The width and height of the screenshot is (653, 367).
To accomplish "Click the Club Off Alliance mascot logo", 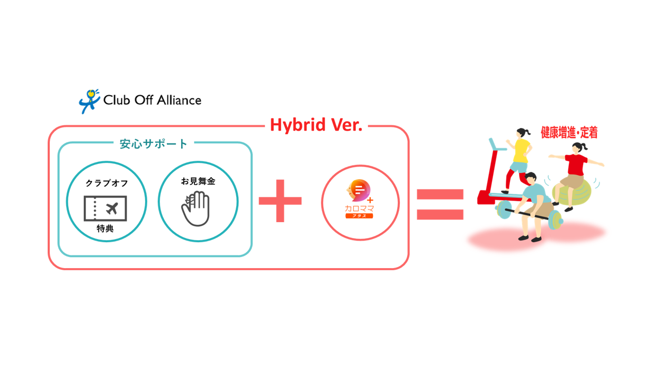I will click(89, 101).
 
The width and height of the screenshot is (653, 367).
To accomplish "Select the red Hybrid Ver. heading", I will click(316, 125).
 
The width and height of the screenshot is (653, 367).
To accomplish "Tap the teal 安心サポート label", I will click(154, 144).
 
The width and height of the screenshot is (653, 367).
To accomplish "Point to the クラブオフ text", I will click(106, 183).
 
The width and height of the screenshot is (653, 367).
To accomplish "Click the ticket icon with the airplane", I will click(105, 208).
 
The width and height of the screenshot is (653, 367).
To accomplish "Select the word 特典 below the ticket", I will click(105, 229).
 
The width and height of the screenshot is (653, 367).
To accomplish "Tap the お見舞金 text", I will click(198, 181).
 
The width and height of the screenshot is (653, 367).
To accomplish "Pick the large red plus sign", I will click(280, 201).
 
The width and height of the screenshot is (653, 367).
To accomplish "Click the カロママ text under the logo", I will click(359, 208).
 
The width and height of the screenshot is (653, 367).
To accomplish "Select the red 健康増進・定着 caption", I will click(569, 133).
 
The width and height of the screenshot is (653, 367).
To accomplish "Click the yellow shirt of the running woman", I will click(521, 151).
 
